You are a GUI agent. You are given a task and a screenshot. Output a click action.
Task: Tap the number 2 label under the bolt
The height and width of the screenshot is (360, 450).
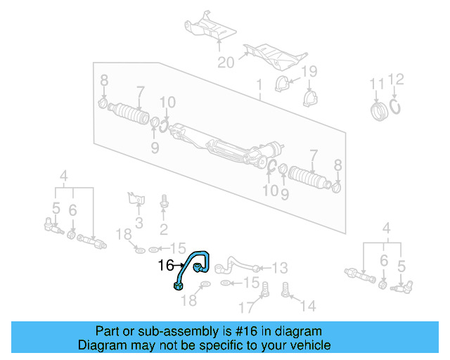pos(163,229)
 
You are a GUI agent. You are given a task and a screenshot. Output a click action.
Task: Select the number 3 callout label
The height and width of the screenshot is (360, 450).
pos(139,224)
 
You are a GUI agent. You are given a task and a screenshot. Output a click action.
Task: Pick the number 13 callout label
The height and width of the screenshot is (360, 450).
pos(280,268)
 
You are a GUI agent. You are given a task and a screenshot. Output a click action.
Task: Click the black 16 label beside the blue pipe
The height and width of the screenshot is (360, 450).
pos(166,266)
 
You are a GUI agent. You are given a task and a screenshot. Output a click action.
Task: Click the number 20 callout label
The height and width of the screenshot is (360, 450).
pos(225,63)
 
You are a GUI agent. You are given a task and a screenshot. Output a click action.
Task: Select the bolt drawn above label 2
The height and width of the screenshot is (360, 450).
pos(164,201)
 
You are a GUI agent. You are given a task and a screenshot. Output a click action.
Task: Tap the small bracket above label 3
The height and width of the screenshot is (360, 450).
pos(135,198)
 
